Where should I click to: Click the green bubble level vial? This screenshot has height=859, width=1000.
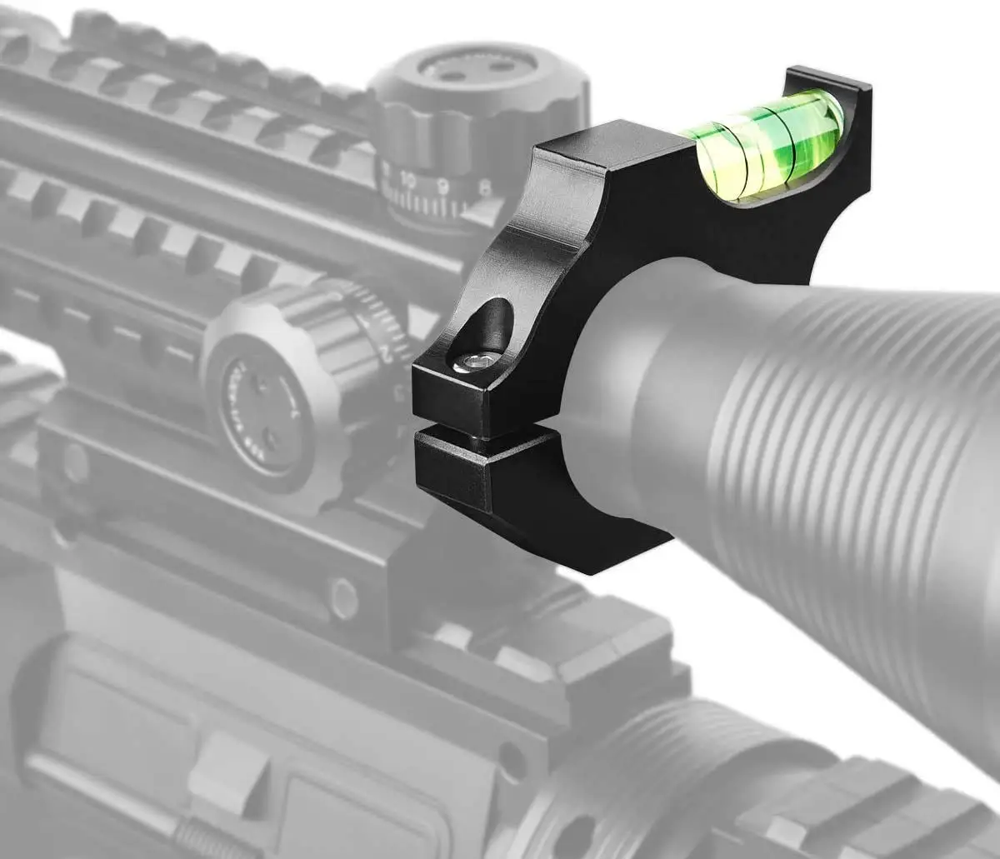(771, 147)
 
